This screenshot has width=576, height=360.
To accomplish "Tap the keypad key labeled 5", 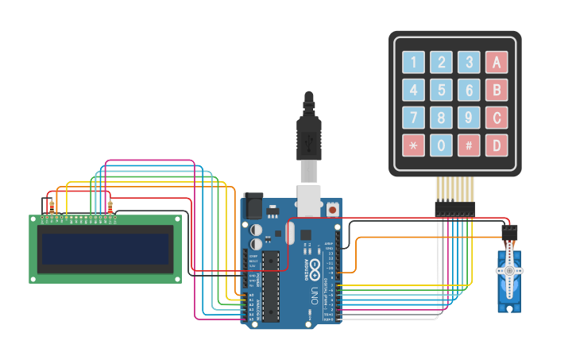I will coord(441,90).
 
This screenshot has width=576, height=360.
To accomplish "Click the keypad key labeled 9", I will coord(469,118).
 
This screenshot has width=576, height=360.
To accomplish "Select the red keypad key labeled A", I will coord(497,62).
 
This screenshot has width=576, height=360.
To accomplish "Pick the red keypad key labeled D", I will coord(497,145).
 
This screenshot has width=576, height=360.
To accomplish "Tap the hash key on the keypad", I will coord(469,145).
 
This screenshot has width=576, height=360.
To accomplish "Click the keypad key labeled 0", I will coord(441,145).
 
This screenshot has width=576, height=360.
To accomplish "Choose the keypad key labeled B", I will coord(497,90).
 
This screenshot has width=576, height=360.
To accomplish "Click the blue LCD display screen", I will coord(106,249).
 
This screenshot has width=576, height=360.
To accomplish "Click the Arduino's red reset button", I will coord(331,208).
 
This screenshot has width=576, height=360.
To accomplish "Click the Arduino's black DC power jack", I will coord(253,206).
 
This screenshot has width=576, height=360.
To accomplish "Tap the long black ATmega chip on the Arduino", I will coord(271,286).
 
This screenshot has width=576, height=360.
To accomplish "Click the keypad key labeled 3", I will coord(469,62).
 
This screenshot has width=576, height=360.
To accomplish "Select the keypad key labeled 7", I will coord(413,118).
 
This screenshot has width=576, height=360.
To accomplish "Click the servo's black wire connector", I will coord(509,232).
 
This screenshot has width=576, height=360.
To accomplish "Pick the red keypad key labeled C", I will coord(497,118).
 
